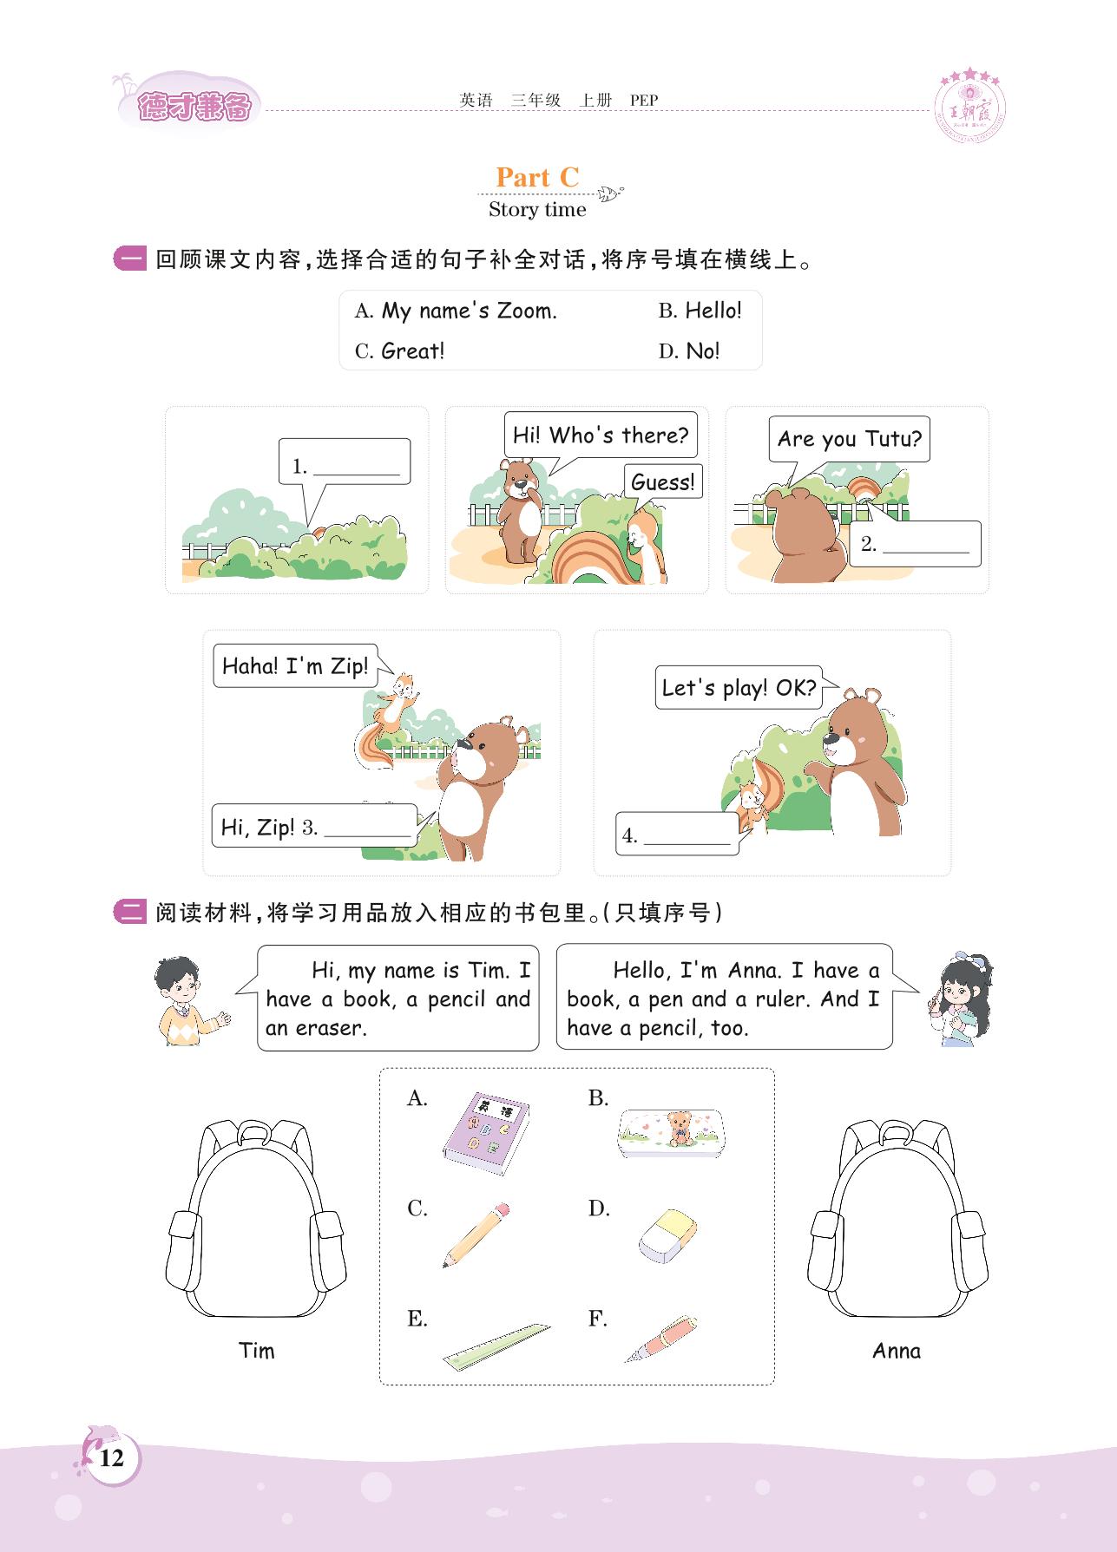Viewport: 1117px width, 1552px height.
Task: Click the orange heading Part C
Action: [537, 177]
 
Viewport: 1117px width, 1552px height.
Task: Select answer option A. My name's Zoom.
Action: [456, 311]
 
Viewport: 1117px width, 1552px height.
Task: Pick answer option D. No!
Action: [689, 350]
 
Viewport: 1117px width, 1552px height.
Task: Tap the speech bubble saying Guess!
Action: [663, 481]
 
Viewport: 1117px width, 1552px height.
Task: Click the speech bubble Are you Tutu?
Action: [849, 439]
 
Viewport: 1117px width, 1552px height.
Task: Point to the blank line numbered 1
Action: [356, 475]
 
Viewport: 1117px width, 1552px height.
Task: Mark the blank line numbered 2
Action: [925, 552]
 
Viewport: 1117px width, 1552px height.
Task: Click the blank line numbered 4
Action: [687, 842]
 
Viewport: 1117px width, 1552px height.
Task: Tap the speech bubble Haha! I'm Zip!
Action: [295, 666]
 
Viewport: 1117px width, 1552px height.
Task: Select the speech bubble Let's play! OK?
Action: [739, 688]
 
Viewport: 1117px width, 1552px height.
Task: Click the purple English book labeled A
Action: [486, 1133]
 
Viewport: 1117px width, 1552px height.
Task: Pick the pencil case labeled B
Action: [669, 1133]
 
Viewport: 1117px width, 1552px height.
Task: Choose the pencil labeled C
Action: [476, 1235]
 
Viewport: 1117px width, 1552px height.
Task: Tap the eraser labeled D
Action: [667, 1235]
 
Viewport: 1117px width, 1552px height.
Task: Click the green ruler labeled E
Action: [496, 1346]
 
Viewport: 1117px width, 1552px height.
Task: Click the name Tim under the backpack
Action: [257, 1351]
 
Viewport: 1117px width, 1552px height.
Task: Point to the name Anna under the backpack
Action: [897, 1351]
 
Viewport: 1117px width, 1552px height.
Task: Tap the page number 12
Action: [112, 1458]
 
